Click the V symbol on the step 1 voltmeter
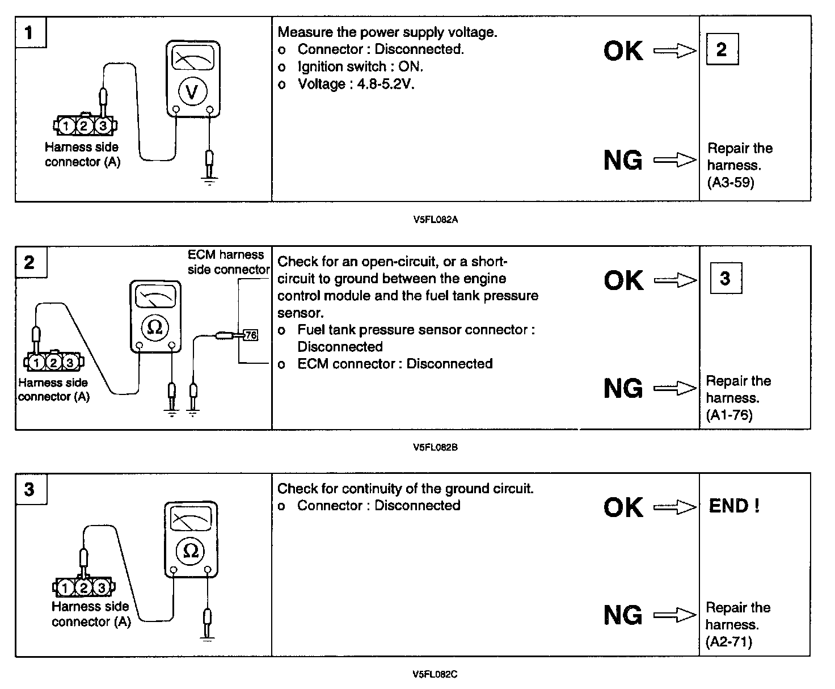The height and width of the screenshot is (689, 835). tap(192, 91)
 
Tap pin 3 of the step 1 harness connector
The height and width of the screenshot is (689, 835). tap(102, 125)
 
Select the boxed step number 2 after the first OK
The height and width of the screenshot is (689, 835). tap(722, 49)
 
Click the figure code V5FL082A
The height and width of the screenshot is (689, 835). tap(436, 220)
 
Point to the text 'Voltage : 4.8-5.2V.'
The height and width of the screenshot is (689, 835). tap(356, 84)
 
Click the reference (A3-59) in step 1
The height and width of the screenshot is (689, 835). tap(731, 182)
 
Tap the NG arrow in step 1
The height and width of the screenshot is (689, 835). tap(675, 160)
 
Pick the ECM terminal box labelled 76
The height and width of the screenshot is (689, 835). tap(250, 335)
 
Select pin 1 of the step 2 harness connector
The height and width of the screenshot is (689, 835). tap(36, 362)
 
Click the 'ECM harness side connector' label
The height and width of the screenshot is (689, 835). tap(227, 262)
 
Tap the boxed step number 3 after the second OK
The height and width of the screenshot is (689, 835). tap(726, 278)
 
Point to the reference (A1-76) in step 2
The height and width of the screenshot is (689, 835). tap(729, 415)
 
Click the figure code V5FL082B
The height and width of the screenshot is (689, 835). tap(436, 447)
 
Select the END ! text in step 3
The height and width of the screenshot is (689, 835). tap(734, 506)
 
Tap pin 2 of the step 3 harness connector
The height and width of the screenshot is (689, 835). tap(84, 587)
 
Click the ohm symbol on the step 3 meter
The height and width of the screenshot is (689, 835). tap(191, 550)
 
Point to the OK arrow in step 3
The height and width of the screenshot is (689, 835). tap(675, 507)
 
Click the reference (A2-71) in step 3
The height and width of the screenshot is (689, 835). tap(729, 642)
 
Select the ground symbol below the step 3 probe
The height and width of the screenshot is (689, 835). tap(208, 640)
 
